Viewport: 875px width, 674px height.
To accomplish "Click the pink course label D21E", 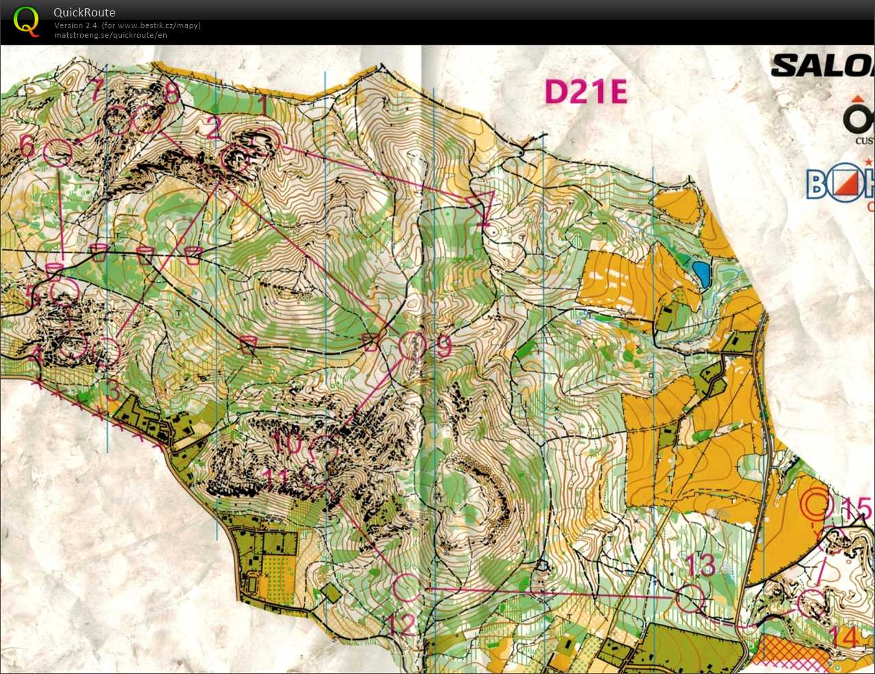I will pos(586,91).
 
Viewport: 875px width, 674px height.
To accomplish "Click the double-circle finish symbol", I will pos(817,505).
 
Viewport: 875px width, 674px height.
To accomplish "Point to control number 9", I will pos(444,347).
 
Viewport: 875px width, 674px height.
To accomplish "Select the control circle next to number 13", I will pos(690,599).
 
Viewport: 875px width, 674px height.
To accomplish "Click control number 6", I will pos(27,146).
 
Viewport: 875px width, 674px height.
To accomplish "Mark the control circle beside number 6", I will pos(57,152).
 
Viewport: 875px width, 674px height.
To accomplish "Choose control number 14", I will pos(848,637).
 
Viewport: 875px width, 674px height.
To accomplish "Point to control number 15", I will pos(855,509).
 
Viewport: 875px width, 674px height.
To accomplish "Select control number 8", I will pos(171,93).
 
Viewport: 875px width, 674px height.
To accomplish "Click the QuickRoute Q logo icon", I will pos(26,21).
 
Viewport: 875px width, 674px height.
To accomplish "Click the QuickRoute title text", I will pos(84,12).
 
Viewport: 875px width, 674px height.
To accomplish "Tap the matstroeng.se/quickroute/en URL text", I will pos(110,35).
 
